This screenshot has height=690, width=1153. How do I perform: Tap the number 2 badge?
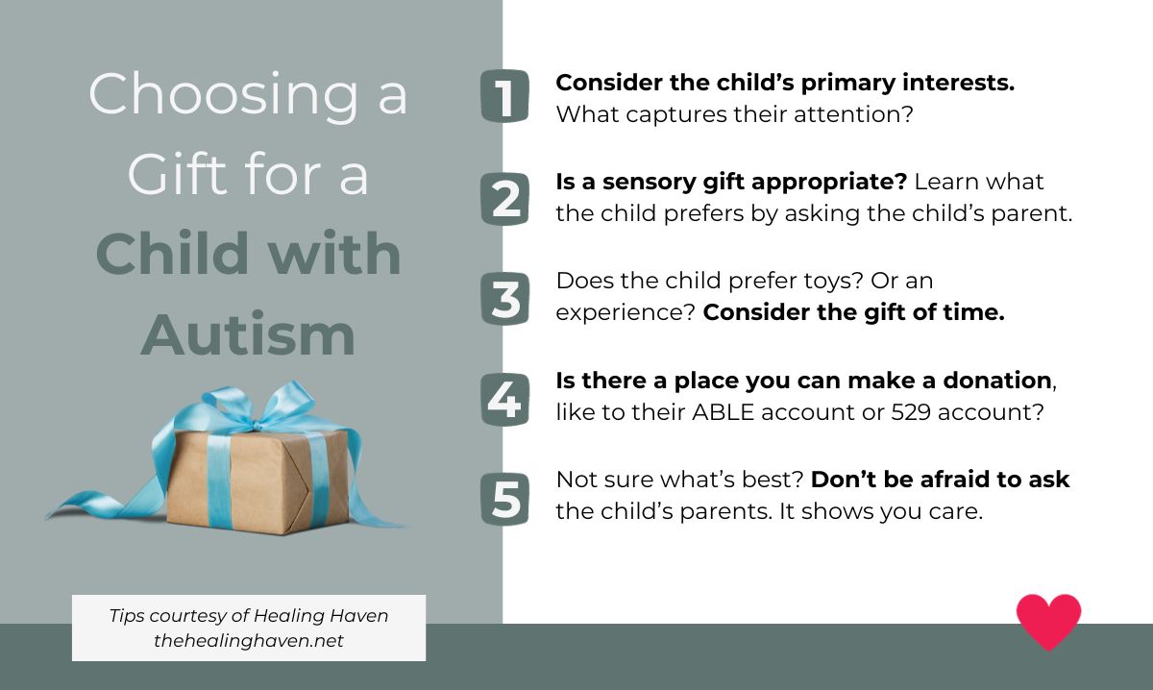click(x=504, y=199)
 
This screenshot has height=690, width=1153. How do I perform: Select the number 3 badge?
click(x=504, y=299)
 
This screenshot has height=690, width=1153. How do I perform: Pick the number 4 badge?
click(x=504, y=399)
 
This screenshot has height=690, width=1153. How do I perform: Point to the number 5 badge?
click(x=504, y=499)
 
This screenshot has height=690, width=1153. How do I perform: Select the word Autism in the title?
click(x=248, y=334)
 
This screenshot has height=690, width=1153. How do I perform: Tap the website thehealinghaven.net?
click(x=248, y=640)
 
